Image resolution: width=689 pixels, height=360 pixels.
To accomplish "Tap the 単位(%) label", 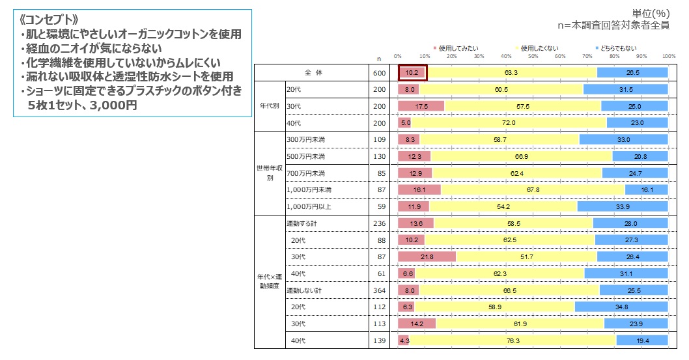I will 651,13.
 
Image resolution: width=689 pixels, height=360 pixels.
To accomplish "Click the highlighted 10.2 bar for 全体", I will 412,73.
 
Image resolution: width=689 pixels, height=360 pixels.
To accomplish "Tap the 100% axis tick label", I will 669,57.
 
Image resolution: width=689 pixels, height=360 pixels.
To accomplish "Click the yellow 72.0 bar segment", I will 509,122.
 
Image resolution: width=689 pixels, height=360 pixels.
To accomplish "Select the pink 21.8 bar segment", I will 427,256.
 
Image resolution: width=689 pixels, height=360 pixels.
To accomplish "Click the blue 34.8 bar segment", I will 621,307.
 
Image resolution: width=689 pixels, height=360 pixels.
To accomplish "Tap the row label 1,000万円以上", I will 310,206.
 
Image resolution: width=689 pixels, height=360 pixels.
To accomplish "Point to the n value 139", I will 382,340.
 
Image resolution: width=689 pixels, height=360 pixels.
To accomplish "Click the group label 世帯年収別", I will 270,173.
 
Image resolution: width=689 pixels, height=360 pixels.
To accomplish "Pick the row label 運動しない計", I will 305,290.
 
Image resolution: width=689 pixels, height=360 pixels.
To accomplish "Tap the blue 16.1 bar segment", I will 646,189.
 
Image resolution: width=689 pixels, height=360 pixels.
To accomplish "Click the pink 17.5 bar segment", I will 421,106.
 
